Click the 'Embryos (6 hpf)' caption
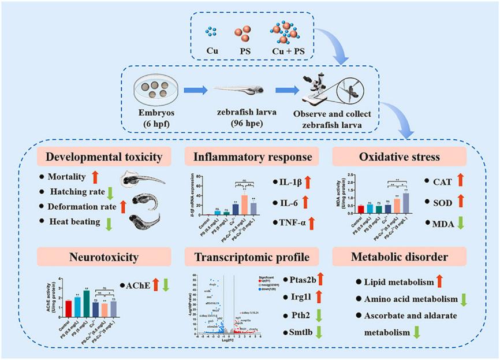156,117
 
